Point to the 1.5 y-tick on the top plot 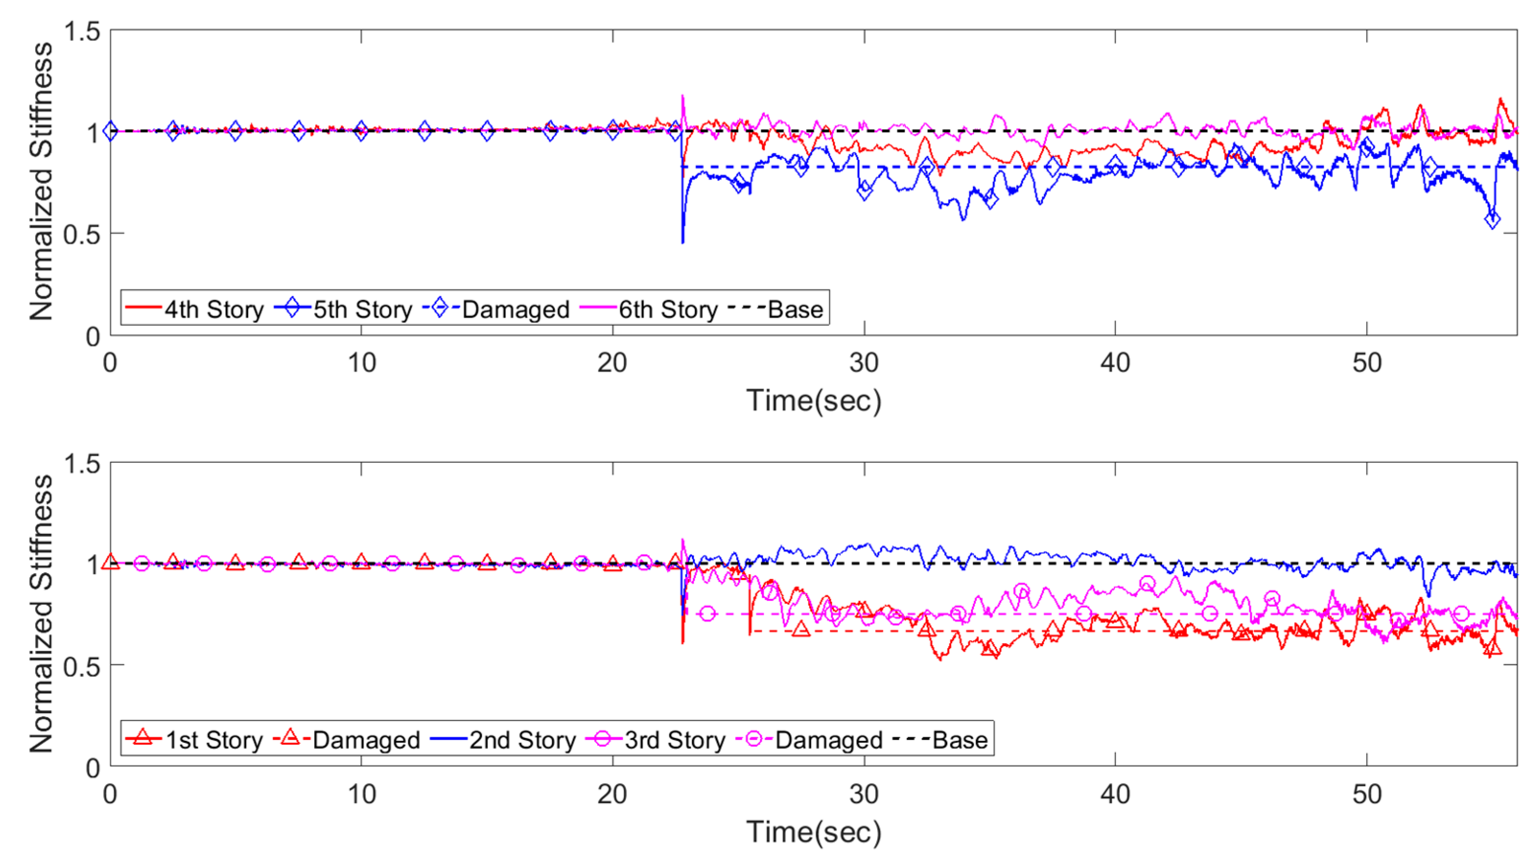(x=82, y=31)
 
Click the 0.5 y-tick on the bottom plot (x=82, y=666)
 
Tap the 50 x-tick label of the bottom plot (x=1366, y=794)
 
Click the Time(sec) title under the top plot (x=813, y=401)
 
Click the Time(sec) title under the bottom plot (x=813, y=832)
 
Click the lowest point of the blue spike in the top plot (x=683, y=242)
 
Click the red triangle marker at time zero (x=110, y=561)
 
